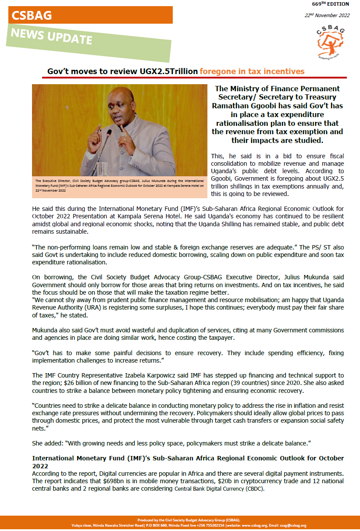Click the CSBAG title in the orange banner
(x=32, y=16)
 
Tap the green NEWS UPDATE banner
(x=52, y=36)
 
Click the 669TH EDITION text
(x=331, y=4)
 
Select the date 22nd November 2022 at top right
(x=327, y=15)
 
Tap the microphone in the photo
(x=108, y=140)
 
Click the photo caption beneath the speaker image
(x=119, y=185)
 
